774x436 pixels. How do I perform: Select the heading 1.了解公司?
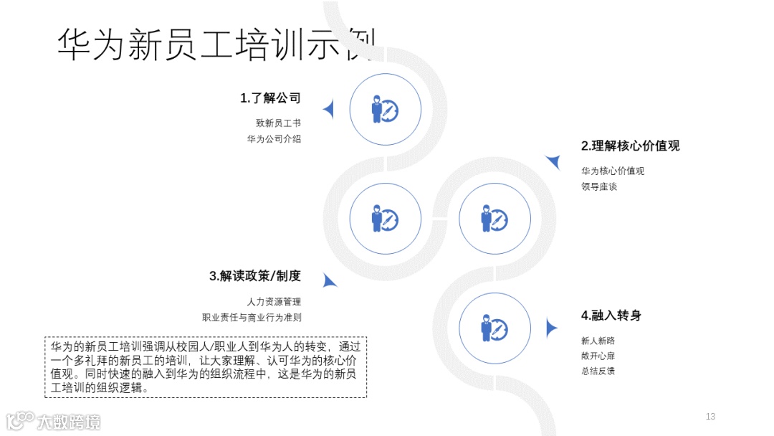click(269, 98)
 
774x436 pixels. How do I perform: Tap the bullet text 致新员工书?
click(278, 123)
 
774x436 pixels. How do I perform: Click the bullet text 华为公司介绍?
click(274, 139)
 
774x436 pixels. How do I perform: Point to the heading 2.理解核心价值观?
click(630, 146)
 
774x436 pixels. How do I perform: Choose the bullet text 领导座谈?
click(599, 186)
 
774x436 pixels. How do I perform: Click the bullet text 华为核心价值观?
click(613, 171)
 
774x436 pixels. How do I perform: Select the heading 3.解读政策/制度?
click(255, 276)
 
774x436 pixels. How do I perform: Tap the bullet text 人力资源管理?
click(273, 302)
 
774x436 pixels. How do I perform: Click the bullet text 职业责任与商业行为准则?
click(252, 318)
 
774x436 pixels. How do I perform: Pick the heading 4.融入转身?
click(611, 316)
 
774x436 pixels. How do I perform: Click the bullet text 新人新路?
click(598, 341)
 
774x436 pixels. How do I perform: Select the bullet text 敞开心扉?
click(598, 356)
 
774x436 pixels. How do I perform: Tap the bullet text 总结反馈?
click(598, 371)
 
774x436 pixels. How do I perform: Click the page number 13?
click(710, 417)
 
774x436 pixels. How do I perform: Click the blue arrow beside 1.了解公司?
click(329, 109)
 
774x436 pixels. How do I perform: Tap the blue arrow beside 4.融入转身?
click(550, 328)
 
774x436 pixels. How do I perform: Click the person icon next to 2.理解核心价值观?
click(494, 218)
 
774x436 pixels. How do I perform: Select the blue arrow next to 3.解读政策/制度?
click(329, 280)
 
